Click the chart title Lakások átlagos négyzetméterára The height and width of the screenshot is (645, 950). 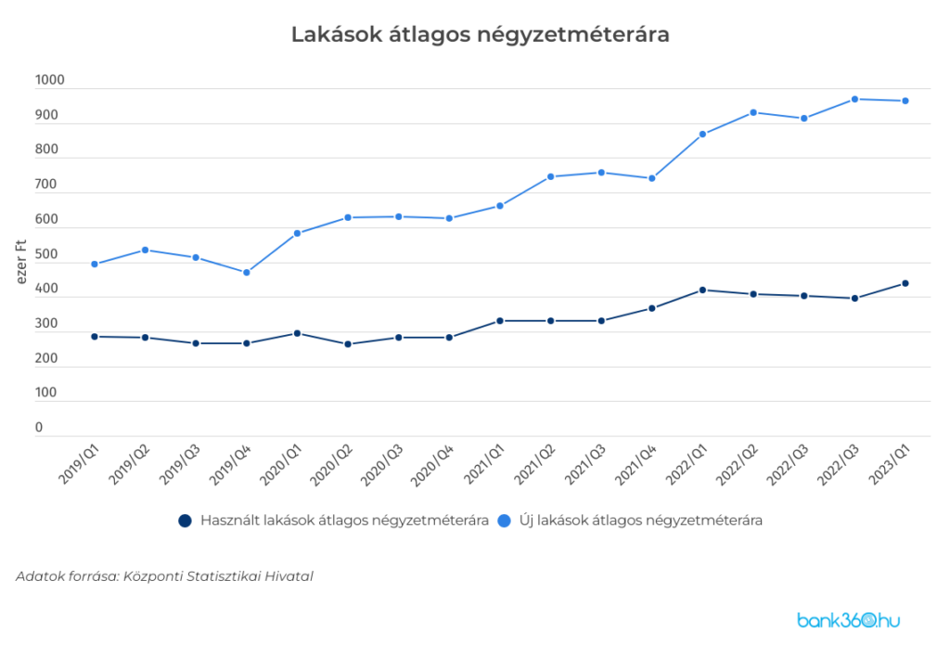(x=480, y=34)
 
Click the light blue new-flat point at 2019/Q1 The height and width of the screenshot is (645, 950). (x=95, y=264)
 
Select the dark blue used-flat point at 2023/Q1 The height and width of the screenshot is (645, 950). (x=905, y=283)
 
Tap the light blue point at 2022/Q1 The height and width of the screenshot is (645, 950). (x=702, y=135)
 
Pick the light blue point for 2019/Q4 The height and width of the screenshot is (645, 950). (x=247, y=273)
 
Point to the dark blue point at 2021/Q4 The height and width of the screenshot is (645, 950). (x=652, y=308)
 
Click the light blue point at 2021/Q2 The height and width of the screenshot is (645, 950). (x=550, y=176)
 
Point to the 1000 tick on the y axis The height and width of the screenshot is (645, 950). (x=50, y=81)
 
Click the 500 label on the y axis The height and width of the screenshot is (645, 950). (x=46, y=254)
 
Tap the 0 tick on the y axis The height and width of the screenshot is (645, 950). (x=39, y=428)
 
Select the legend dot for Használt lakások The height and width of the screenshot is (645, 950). (x=185, y=521)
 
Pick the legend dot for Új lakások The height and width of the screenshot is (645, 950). (x=505, y=521)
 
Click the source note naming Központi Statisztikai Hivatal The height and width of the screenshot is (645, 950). (x=164, y=576)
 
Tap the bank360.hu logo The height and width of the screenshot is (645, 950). (x=849, y=620)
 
